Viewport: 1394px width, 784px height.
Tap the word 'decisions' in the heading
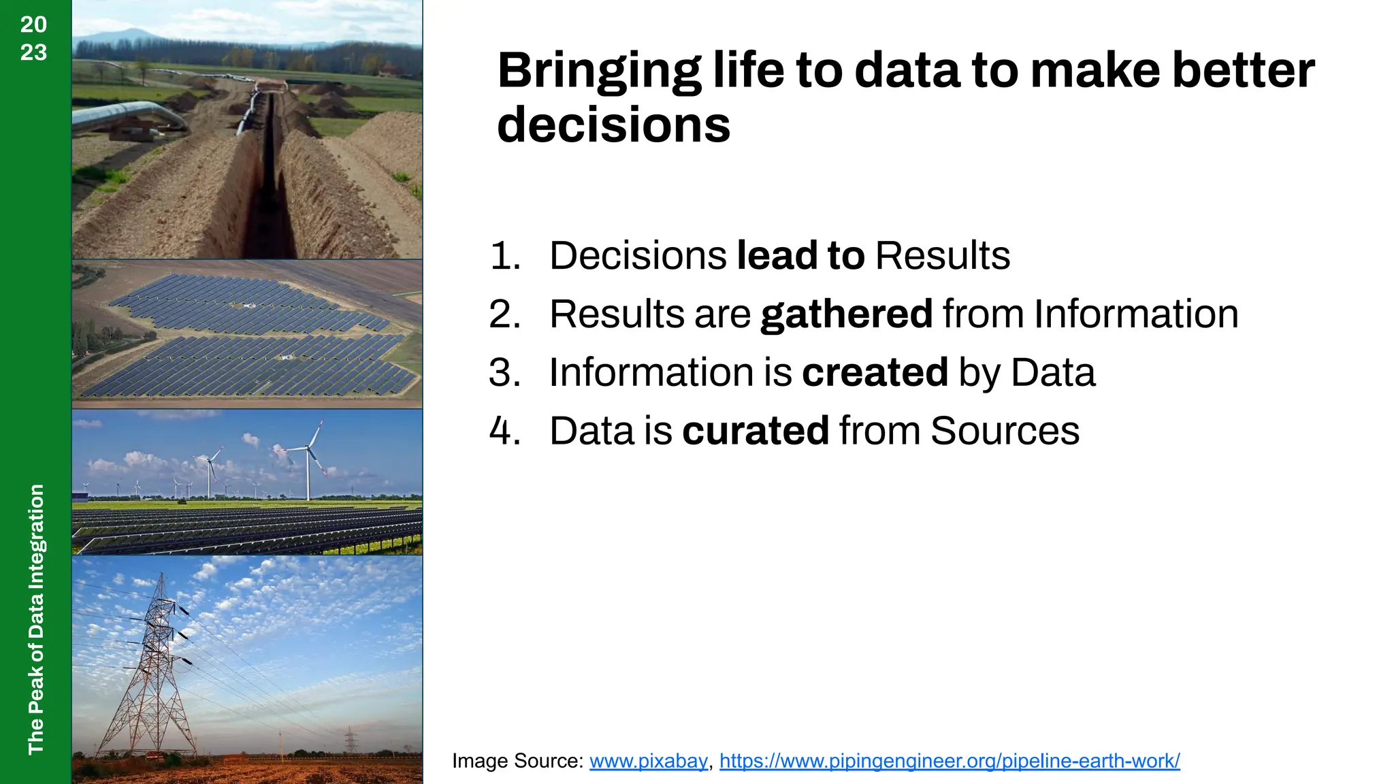click(613, 125)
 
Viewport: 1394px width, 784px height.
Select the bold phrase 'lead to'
click(800, 256)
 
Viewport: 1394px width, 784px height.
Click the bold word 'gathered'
click(846, 314)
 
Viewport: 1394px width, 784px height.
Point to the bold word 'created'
click(875, 373)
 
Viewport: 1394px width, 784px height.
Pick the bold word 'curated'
click(755, 431)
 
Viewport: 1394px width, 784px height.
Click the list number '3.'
click(504, 373)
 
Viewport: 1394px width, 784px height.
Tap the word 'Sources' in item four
click(1005, 431)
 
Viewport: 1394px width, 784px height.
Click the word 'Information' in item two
click(1135, 314)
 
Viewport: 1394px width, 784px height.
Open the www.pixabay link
click(648, 761)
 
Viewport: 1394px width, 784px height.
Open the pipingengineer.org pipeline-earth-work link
click(949, 761)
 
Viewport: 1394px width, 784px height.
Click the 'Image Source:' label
click(517, 761)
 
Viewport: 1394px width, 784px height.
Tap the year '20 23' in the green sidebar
click(33, 38)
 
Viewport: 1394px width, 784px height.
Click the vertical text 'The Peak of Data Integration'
click(36, 619)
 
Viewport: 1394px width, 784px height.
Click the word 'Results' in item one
click(942, 256)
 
